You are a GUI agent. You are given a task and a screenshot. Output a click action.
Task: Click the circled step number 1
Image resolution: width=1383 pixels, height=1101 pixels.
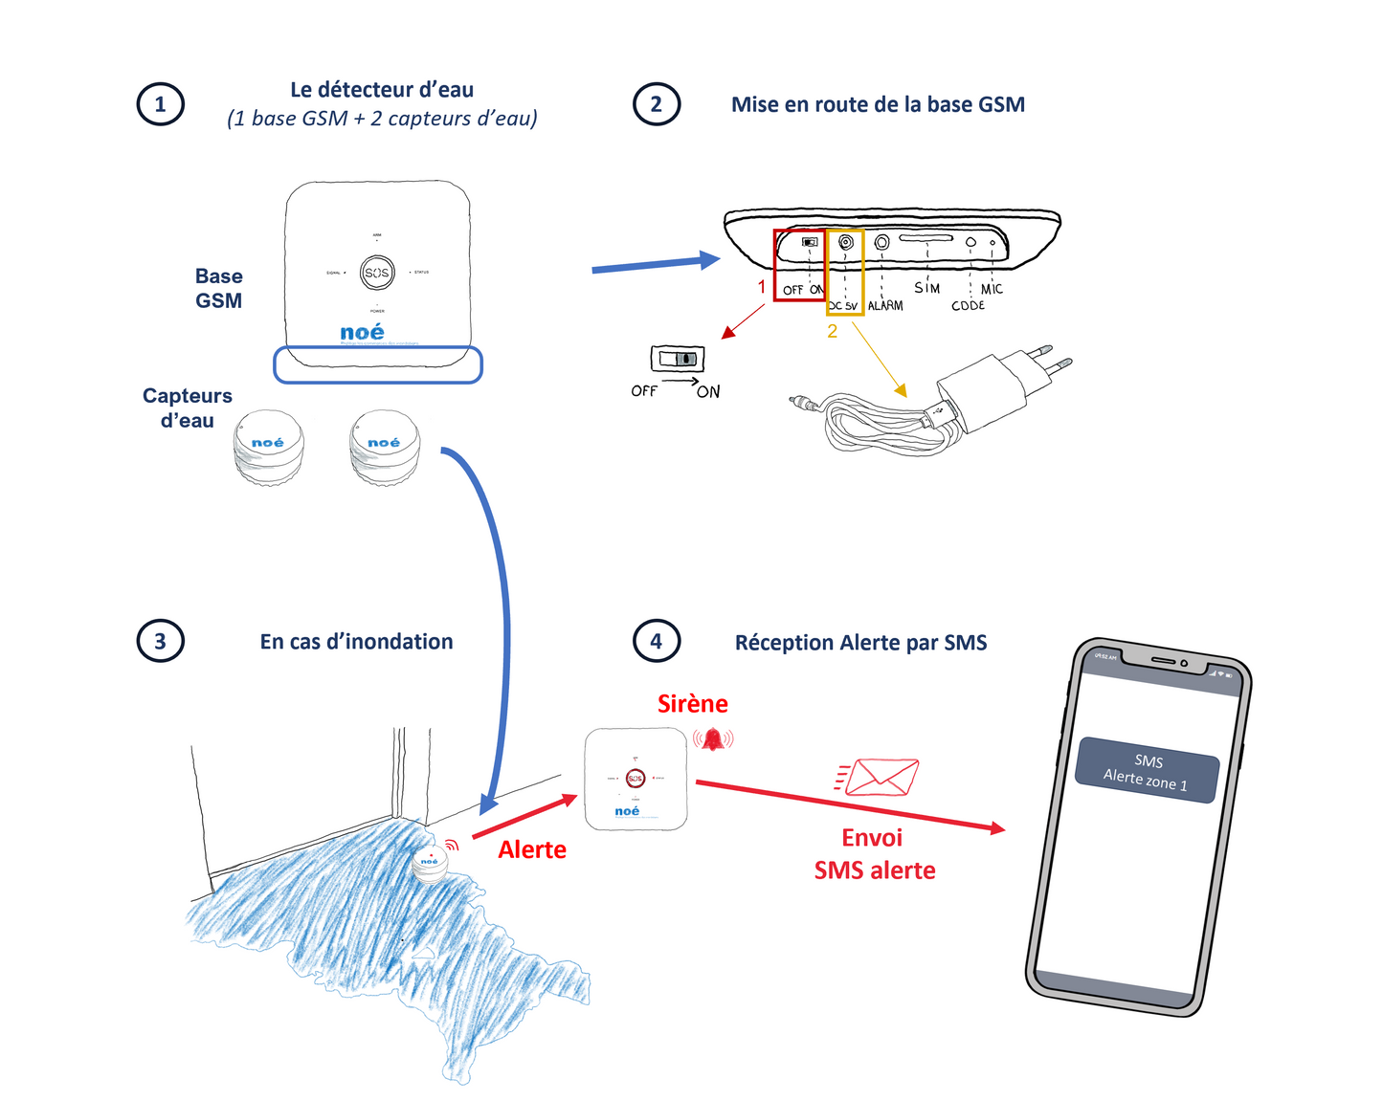(160, 104)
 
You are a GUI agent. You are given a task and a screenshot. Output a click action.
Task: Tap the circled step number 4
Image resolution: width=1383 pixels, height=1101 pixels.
(657, 641)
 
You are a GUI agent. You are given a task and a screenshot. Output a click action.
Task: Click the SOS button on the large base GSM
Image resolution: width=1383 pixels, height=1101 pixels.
(377, 273)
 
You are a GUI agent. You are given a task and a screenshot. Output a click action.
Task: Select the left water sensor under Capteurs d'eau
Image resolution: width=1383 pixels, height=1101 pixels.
(269, 448)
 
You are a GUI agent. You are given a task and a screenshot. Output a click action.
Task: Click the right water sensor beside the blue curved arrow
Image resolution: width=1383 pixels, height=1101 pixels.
(384, 448)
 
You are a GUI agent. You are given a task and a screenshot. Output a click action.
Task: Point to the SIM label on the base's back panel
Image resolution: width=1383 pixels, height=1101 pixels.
(926, 288)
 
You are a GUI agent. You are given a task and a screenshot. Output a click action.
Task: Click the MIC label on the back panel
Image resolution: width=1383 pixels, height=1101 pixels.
(992, 289)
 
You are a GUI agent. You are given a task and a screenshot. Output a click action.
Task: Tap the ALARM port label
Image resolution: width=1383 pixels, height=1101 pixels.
(885, 305)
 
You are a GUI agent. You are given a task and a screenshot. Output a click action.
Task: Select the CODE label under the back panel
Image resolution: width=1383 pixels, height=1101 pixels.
(968, 306)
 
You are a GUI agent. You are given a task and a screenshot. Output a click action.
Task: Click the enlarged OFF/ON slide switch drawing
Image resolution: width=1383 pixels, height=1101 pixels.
(678, 359)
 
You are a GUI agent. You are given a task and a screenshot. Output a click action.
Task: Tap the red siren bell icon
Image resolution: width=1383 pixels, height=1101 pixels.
(713, 738)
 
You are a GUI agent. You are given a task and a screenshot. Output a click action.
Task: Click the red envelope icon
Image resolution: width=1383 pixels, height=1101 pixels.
(881, 777)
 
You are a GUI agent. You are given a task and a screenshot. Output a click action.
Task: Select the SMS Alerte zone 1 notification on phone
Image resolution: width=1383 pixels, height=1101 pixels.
(1147, 771)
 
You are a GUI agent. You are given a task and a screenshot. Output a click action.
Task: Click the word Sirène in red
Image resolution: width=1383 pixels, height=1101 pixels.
(692, 704)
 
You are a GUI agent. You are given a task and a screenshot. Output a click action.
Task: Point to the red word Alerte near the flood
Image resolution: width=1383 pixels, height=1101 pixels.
(532, 849)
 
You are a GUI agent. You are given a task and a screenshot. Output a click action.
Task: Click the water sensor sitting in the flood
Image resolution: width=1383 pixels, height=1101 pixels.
(430, 864)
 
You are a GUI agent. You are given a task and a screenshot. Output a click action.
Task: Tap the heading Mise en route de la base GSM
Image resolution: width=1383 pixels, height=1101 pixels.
(878, 104)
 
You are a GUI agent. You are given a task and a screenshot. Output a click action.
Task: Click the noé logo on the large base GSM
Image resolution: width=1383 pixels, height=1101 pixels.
(362, 332)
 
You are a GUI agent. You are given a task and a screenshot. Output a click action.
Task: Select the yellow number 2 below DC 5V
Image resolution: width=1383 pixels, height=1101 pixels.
(832, 331)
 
